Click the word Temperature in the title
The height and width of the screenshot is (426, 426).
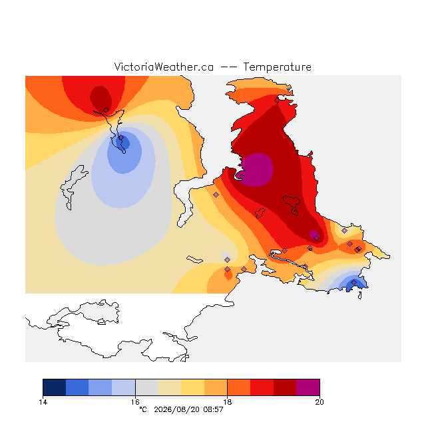[277, 67]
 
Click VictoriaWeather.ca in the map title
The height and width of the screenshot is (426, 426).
[164, 67]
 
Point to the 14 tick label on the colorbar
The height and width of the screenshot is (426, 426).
[43, 402]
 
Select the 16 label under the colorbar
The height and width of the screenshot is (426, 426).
[135, 402]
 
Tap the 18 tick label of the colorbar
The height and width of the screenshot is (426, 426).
[227, 402]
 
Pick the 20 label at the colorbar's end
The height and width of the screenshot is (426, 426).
[319, 402]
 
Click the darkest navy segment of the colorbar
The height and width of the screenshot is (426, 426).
[55, 387]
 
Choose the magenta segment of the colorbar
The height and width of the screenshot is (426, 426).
[308, 387]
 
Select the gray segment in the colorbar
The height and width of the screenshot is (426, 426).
[146, 387]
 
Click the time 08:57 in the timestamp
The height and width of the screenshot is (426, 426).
[213, 410]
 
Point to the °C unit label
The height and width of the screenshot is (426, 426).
[143, 409]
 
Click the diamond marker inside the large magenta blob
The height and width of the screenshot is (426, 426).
[242, 176]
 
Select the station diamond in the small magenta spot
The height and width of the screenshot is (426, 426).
[317, 238]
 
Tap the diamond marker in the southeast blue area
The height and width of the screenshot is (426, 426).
[353, 283]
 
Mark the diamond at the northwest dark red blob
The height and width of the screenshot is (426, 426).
[106, 110]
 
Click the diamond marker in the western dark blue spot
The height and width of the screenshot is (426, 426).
[121, 138]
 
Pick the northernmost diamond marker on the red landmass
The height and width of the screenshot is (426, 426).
[277, 101]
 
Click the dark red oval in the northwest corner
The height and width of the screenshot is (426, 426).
[101, 99]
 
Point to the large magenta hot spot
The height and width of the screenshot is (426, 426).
[257, 170]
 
